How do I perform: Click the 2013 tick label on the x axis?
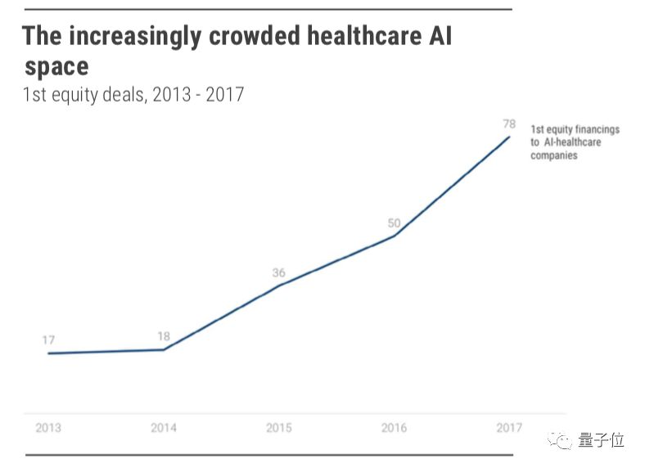point(48,428)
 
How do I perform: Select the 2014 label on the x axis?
point(164,428)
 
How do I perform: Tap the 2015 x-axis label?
point(279,428)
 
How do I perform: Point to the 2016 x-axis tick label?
point(395,428)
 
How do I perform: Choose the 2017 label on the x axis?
point(509,428)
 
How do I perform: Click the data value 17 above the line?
point(49,340)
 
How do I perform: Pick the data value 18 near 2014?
point(164,336)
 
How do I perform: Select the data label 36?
point(279,272)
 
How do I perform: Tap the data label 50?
point(394,223)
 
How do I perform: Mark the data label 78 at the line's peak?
point(509,124)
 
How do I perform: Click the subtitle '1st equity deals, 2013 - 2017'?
point(133,94)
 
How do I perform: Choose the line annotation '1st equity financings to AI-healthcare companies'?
point(575,142)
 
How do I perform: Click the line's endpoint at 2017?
point(509,137)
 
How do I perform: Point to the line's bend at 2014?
point(164,350)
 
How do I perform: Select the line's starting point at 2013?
point(49,353)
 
